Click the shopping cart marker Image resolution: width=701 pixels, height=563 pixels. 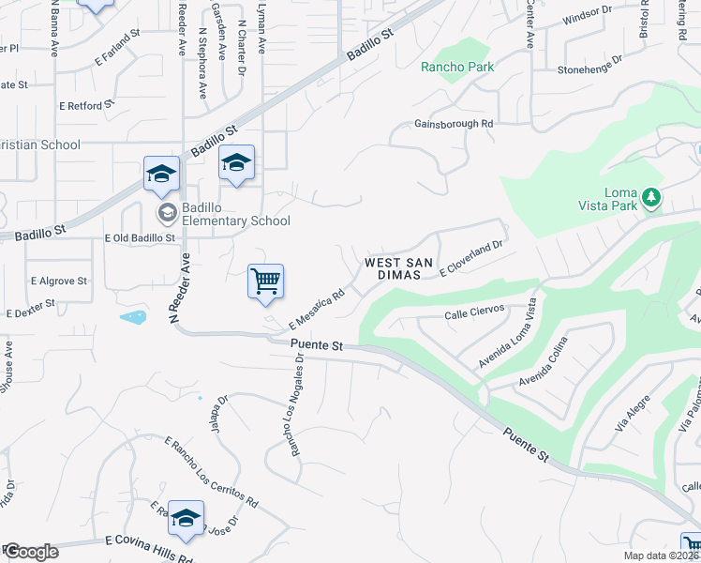pos(265,281)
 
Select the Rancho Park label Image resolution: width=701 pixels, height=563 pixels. pos(456,67)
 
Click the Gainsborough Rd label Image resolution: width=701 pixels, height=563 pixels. pos(454,124)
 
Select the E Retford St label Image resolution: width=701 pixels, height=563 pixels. pos(85,106)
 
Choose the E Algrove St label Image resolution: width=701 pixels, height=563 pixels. pos(58,281)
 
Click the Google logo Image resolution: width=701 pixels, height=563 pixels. pos(31,552)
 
